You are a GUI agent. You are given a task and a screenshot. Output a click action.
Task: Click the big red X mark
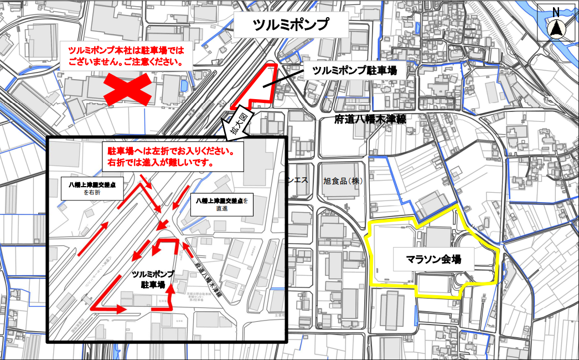click(127, 89)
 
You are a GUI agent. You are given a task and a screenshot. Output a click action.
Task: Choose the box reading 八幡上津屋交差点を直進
click(221, 205)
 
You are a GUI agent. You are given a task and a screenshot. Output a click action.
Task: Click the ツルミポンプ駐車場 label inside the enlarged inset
click(153, 279)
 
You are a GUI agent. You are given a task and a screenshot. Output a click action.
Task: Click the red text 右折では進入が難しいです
click(161, 163)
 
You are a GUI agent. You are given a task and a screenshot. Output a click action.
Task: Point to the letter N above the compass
click(557, 12)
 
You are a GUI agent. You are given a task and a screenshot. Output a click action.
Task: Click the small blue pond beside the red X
click(183, 85)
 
